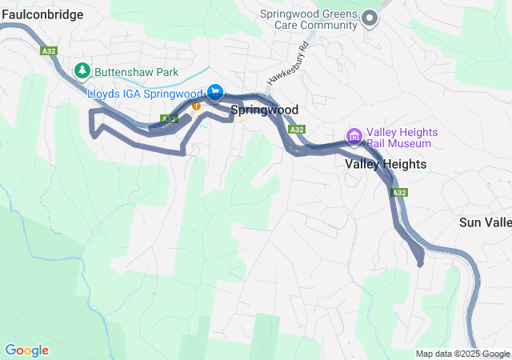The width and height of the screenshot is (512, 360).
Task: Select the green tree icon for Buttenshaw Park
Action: (x=82, y=71)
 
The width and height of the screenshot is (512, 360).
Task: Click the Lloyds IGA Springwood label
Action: (x=144, y=94)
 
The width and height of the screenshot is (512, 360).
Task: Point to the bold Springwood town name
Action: (x=264, y=110)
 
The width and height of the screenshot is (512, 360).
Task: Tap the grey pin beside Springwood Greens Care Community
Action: (x=370, y=17)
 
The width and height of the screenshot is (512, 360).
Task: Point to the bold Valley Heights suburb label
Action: (x=386, y=164)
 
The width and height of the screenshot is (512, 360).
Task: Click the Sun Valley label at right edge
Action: (x=486, y=222)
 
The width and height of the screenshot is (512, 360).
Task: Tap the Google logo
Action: (x=26, y=350)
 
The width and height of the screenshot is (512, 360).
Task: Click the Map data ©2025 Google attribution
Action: (x=462, y=354)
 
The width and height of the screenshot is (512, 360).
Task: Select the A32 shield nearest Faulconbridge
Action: (x=49, y=50)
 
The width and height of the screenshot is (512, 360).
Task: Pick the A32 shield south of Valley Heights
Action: (x=400, y=193)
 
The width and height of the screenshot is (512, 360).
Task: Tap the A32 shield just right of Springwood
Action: (x=297, y=129)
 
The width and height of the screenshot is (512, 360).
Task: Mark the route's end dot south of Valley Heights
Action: (x=420, y=264)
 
